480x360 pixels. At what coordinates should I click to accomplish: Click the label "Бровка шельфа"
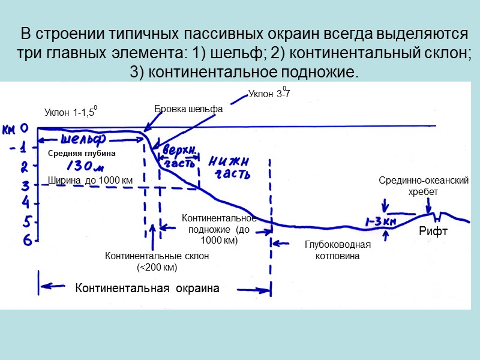(188, 109)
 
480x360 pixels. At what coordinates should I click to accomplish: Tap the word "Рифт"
(433, 232)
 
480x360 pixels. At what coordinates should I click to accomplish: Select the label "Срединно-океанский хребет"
(424, 187)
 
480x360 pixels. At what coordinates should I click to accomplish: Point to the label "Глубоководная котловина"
(338, 250)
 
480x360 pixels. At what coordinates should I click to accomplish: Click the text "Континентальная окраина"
(147, 289)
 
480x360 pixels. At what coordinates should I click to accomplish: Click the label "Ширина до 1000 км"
(90, 180)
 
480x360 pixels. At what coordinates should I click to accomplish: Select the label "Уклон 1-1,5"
(70, 112)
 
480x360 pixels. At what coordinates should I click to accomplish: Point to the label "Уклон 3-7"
(269, 94)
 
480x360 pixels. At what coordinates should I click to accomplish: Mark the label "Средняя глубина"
(82, 153)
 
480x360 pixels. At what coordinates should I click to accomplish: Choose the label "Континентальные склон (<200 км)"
(157, 261)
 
